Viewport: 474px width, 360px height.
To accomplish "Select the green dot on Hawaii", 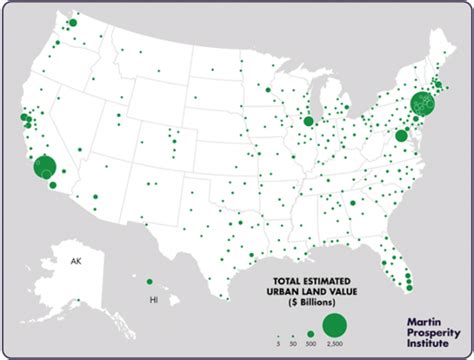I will [x=150, y=282].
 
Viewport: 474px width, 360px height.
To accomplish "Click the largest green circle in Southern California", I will [x=45, y=169].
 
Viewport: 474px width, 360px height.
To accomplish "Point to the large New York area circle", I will [x=422, y=103].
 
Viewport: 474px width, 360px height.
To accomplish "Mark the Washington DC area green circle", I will [x=401, y=136].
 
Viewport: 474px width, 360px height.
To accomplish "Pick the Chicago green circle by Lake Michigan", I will [x=309, y=121].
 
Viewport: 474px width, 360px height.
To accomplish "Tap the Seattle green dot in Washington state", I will [x=72, y=22].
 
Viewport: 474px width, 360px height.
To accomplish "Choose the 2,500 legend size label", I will [x=335, y=343].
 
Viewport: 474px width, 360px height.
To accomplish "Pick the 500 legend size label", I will [x=310, y=343].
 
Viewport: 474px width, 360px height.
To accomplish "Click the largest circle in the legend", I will [x=335, y=325].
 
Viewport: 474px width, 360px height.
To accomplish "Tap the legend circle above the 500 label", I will [x=310, y=332].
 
